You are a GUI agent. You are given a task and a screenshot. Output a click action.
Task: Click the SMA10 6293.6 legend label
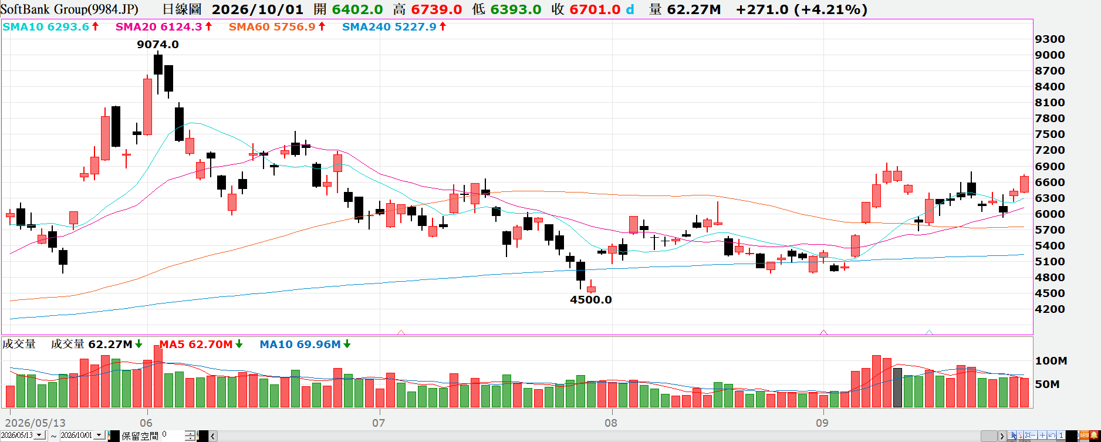(46, 27)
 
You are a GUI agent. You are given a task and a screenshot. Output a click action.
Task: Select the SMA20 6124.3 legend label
(158, 27)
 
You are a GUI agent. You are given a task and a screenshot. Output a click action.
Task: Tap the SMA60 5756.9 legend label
(272, 27)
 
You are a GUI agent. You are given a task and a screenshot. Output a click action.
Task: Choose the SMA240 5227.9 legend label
(389, 27)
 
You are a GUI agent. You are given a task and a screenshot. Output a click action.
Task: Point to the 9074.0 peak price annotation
(158, 45)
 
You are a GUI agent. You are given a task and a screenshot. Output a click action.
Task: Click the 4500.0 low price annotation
(591, 300)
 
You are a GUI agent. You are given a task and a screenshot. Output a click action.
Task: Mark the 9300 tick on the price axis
(1050, 39)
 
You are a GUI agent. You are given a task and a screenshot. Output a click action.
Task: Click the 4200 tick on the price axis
(1050, 309)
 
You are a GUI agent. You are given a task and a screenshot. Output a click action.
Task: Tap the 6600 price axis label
(1050, 183)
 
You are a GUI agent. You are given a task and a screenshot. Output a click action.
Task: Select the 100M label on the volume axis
(1051, 361)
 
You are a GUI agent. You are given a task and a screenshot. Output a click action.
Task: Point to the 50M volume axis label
(1048, 384)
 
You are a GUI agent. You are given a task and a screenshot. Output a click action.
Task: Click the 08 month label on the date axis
(611, 423)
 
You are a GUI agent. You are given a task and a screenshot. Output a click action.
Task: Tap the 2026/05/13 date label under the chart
(35, 423)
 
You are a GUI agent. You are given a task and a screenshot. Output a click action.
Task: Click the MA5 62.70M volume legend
(196, 345)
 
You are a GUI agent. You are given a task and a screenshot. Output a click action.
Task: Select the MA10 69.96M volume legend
(300, 345)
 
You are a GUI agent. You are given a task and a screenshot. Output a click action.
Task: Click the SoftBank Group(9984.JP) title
(70, 9)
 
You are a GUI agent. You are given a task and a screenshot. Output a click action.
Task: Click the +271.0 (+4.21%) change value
(801, 10)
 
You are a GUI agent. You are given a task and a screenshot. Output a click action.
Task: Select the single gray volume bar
(897, 387)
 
